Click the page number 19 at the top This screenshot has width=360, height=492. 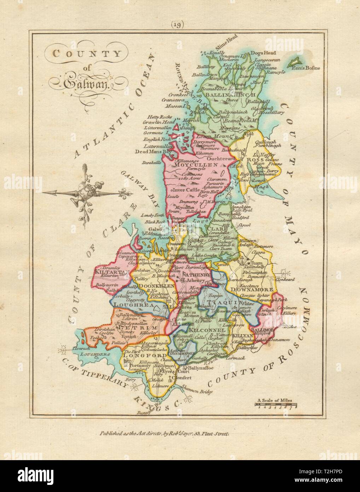[x=179, y=24]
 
